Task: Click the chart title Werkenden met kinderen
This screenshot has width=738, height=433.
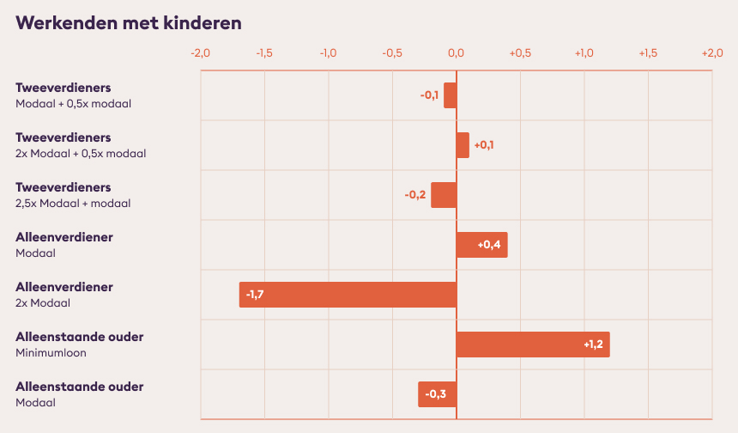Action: point(129,23)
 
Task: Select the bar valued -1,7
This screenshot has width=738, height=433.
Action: point(348,295)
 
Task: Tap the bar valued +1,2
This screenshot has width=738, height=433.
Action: point(533,345)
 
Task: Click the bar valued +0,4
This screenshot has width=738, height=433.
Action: point(482,245)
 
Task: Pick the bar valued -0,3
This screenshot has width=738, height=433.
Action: point(438,394)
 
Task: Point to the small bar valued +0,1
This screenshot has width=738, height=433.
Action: point(463,145)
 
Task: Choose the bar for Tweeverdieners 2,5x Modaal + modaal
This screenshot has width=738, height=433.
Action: point(444,195)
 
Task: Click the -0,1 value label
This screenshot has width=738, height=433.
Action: point(429,95)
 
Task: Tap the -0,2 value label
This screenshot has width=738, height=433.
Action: point(415,194)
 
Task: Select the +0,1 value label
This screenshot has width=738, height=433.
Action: point(484,145)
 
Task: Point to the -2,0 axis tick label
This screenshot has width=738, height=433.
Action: point(201,53)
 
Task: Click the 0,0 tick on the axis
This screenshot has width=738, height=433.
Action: point(456,53)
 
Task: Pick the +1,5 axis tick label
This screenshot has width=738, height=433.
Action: point(648,53)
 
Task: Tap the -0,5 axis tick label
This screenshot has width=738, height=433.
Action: point(392,53)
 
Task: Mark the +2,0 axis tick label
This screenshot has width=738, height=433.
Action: point(712,53)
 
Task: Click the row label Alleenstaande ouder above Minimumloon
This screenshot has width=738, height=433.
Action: point(80,337)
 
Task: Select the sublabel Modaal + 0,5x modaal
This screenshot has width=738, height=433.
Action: point(74,104)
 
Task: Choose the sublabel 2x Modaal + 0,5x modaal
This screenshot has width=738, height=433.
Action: point(81,154)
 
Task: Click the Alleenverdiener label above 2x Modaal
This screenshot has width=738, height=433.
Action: point(64,287)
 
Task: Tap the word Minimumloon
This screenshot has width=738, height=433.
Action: point(51,353)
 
